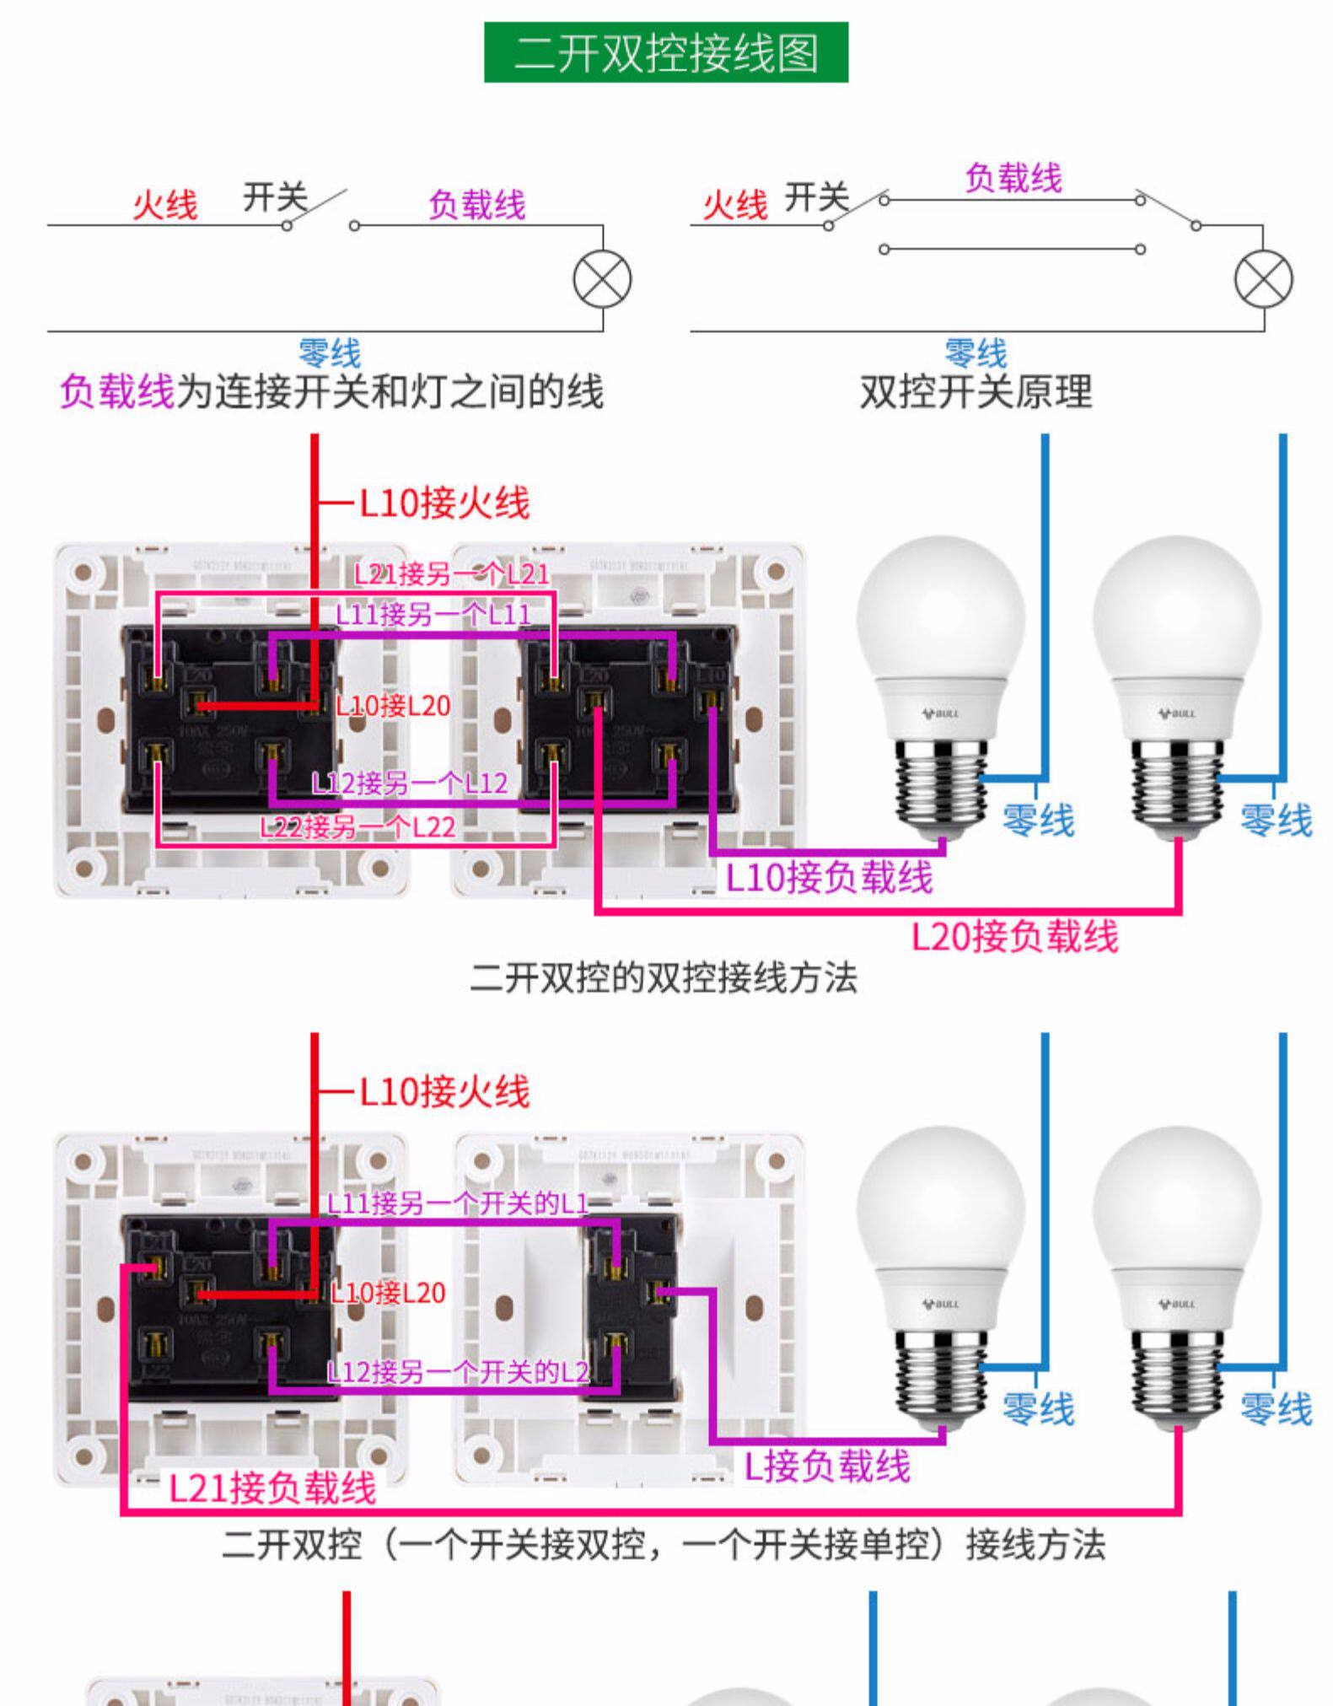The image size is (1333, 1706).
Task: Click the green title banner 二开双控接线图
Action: click(x=665, y=52)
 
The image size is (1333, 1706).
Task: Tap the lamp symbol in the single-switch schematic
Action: click(x=602, y=280)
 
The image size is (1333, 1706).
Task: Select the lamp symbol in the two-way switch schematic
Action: click(x=1263, y=280)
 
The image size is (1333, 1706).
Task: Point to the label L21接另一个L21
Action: click(x=451, y=574)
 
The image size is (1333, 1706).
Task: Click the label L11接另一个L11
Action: click(x=433, y=614)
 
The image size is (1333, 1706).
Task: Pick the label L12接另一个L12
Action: click(x=410, y=783)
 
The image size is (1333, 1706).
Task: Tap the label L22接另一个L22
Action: click(x=357, y=826)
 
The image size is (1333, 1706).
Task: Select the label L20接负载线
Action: click(x=1015, y=936)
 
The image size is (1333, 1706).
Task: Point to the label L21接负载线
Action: click(x=272, y=1488)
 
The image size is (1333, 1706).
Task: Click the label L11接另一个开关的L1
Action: click(x=458, y=1203)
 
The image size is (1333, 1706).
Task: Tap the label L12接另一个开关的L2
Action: click(x=458, y=1373)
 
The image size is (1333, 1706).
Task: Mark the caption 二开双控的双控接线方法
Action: click(x=664, y=978)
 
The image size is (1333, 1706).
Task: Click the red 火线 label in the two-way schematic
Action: click(x=735, y=204)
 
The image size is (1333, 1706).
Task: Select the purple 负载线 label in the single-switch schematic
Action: click(x=476, y=204)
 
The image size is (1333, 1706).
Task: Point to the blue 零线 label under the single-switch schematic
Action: click(x=330, y=353)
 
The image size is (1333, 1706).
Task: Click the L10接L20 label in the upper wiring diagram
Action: click(x=393, y=705)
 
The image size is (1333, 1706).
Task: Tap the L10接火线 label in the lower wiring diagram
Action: click(x=444, y=1091)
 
